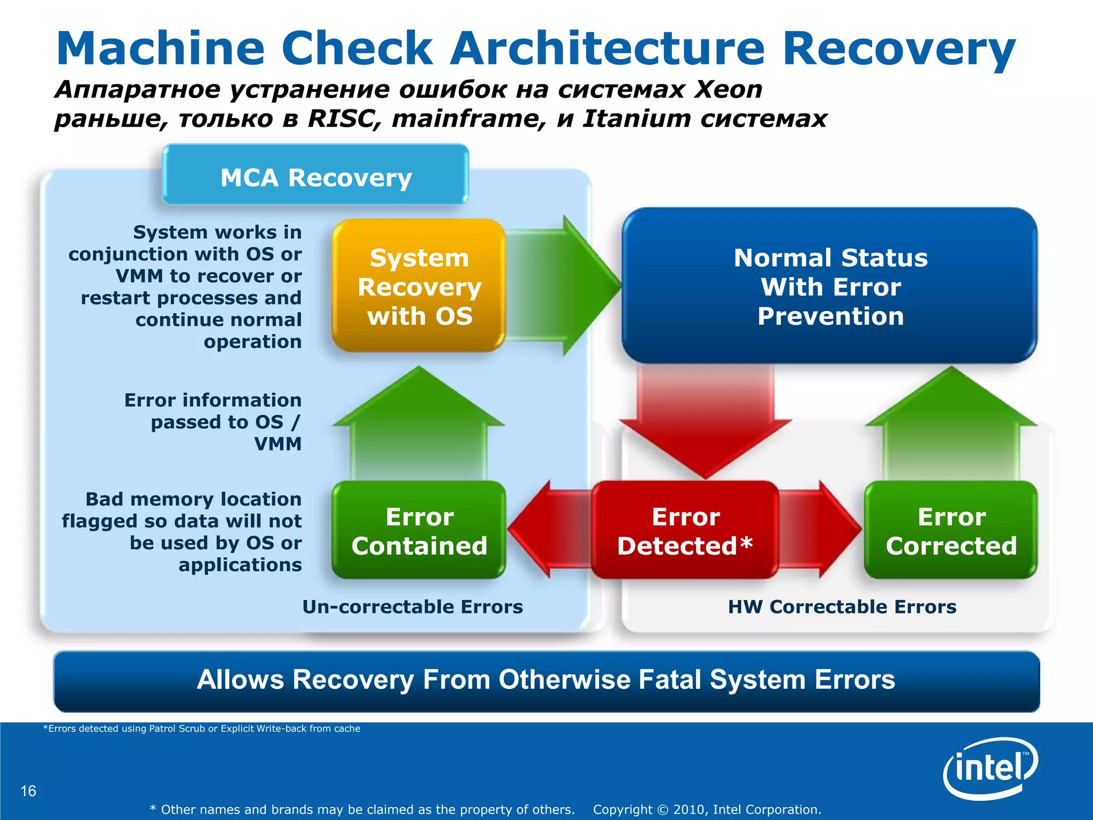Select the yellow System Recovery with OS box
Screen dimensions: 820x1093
coord(419,286)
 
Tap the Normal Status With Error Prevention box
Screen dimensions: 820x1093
coord(830,286)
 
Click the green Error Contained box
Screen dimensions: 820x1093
coord(419,531)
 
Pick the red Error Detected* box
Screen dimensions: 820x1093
coord(685,531)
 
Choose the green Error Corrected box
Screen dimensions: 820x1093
coord(951,531)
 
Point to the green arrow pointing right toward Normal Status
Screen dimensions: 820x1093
coord(566,286)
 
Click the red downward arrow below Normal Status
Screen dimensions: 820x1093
coord(704,422)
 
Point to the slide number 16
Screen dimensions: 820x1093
coord(28,791)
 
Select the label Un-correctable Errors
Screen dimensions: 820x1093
coord(412,607)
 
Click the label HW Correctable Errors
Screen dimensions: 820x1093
coord(842,607)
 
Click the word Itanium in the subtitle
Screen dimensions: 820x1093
coord(636,119)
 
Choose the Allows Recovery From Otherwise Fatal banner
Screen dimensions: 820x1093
coord(546,681)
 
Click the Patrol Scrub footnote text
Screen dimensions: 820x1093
coord(201,729)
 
